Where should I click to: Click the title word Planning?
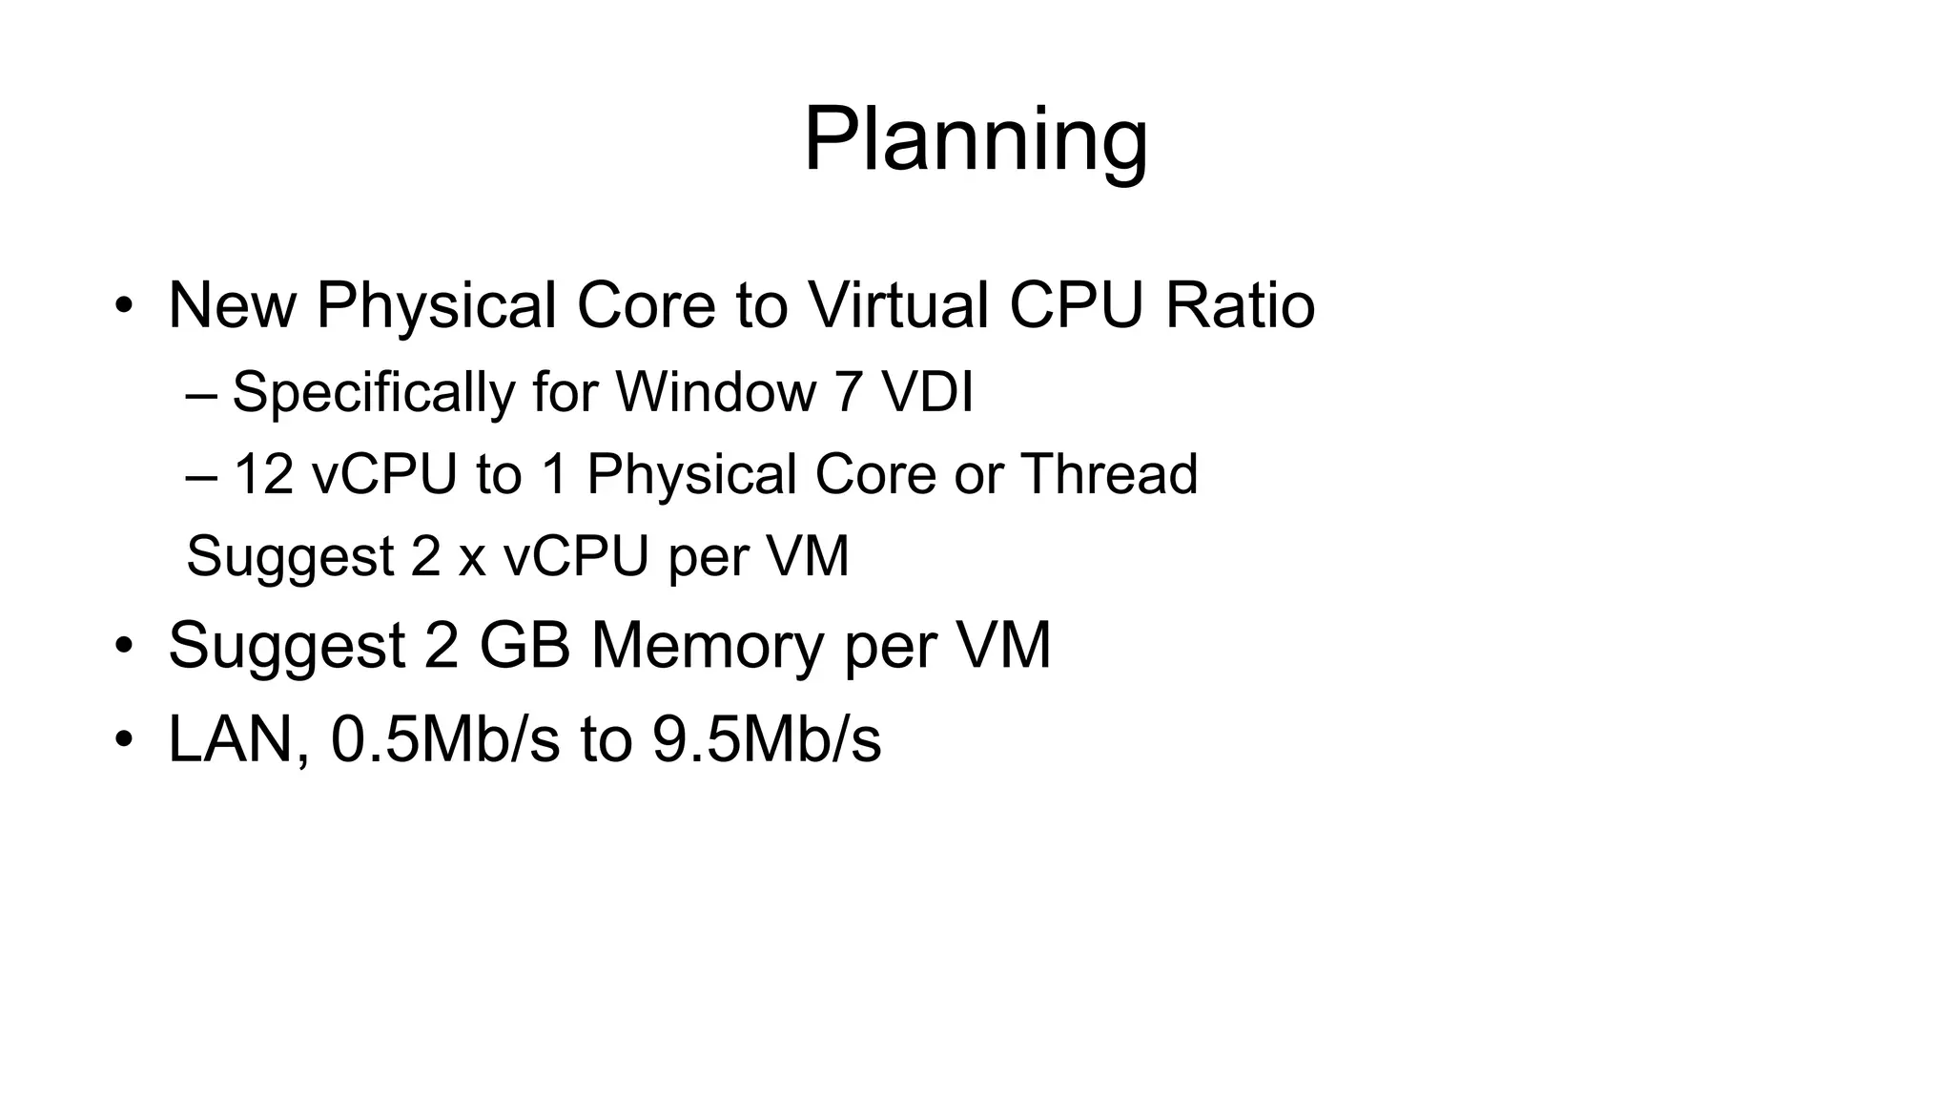click(976, 141)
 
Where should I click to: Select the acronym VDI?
click(927, 392)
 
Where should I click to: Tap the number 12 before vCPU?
click(263, 474)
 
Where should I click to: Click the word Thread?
click(1109, 474)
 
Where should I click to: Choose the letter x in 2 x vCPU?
click(472, 557)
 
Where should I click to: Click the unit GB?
click(524, 646)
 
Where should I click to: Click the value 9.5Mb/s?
click(767, 739)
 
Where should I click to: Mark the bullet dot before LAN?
click(124, 740)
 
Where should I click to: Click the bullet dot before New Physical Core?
click(124, 307)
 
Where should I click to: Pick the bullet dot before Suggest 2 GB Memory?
click(124, 647)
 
